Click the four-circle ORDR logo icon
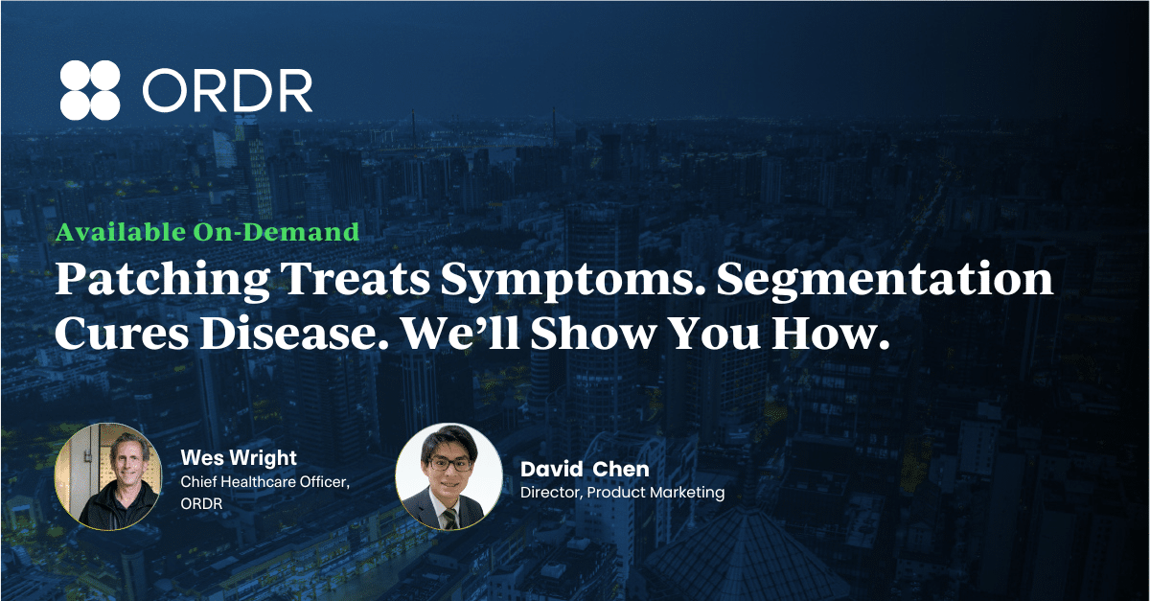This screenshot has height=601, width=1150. pyautogui.click(x=90, y=90)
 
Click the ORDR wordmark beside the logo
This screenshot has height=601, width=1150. pyautogui.click(x=227, y=90)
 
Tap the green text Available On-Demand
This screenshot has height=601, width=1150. pyautogui.click(x=207, y=232)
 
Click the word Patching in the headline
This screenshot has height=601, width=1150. pyautogui.click(x=162, y=280)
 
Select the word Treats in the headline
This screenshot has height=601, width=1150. pyautogui.click(x=356, y=279)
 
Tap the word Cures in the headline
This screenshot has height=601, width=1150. pyautogui.click(x=122, y=335)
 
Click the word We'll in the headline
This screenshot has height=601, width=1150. pyautogui.click(x=461, y=334)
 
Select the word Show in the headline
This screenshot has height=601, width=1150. pyautogui.click(x=593, y=334)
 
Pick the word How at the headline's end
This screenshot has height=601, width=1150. pyautogui.click(x=830, y=334)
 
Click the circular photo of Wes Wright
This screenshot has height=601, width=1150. pyautogui.click(x=107, y=476)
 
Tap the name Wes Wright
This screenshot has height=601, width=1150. pyautogui.click(x=239, y=457)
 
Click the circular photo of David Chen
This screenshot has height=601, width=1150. pyautogui.click(x=448, y=476)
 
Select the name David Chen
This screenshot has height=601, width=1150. pyautogui.click(x=585, y=469)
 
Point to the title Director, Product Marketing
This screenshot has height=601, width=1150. pyautogui.click(x=622, y=493)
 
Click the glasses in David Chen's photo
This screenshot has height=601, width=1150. pyautogui.click(x=449, y=463)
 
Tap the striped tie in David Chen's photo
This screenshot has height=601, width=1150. pyautogui.click(x=449, y=519)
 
